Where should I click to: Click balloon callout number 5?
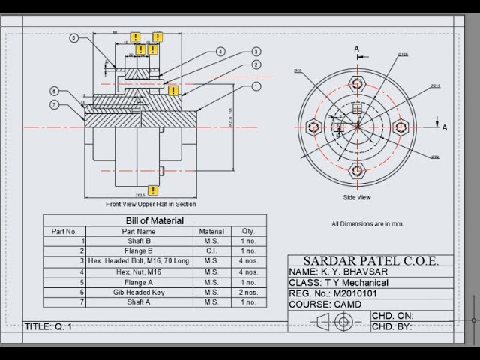tap(74, 37)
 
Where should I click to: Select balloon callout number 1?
tap(256, 86)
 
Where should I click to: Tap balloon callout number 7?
tap(55, 105)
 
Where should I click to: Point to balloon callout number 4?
tap(220, 52)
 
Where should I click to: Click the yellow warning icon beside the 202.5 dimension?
tap(153, 190)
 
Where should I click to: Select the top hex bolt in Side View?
tap(358, 83)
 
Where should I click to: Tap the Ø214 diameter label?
tap(435, 86)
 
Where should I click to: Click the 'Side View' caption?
tap(358, 197)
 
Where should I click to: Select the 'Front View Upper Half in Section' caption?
tap(151, 204)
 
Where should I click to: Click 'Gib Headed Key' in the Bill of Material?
tap(139, 292)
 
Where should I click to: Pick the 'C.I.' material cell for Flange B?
tap(212, 250)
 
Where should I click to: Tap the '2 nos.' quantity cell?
tap(248, 292)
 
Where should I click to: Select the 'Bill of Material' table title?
tap(154, 220)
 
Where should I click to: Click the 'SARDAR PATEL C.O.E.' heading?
tap(371, 261)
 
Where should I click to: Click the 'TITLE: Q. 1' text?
tap(49, 326)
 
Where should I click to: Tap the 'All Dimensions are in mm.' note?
tap(367, 223)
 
